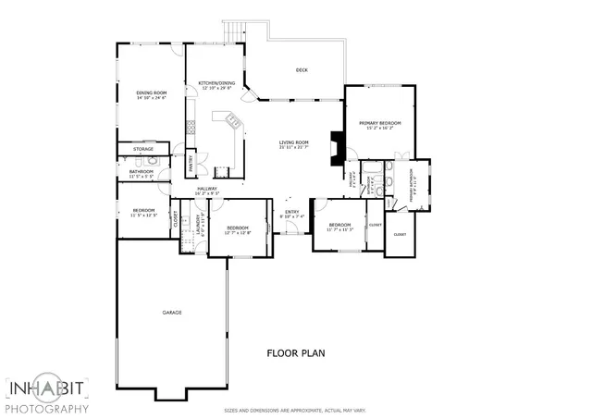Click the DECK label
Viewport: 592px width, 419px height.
[x=302, y=70]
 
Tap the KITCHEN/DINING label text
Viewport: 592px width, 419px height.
[x=216, y=83]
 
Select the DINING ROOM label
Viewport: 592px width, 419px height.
[x=151, y=92]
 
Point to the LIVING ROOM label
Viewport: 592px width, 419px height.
[x=293, y=142]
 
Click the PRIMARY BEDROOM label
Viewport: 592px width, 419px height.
[x=380, y=123]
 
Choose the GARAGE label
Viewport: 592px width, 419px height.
[x=171, y=313]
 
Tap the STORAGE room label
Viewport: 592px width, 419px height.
[x=142, y=149]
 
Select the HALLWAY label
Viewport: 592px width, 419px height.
[x=207, y=190]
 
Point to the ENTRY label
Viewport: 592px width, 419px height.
[x=292, y=212]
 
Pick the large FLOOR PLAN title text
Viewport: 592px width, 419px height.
[x=295, y=352]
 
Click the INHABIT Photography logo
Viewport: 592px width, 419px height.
[x=46, y=395]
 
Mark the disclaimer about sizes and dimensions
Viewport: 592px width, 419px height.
[x=293, y=410]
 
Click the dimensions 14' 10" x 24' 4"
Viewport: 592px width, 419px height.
[x=151, y=97]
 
